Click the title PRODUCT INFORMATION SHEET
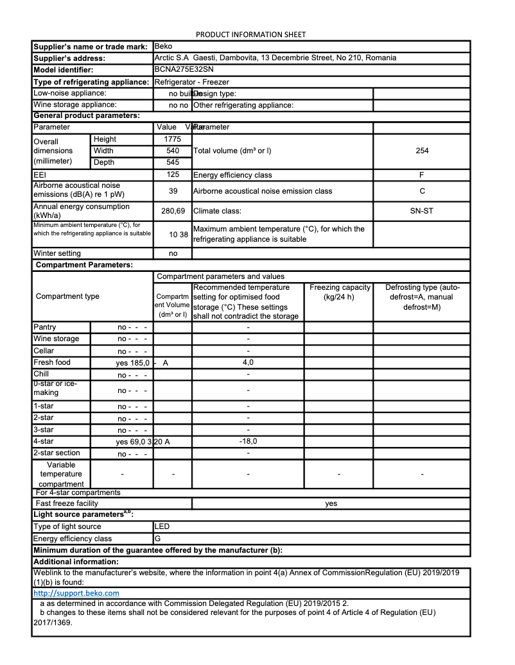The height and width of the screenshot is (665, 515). pyautogui.click(x=250, y=35)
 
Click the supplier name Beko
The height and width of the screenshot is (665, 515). pyautogui.click(x=164, y=46)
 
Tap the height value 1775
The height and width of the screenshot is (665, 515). pyautogui.click(x=173, y=139)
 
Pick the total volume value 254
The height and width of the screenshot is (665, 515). pyautogui.click(x=422, y=151)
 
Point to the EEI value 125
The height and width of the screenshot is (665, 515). pyautogui.click(x=173, y=174)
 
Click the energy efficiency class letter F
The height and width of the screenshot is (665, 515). pyautogui.click(x=422, y=174)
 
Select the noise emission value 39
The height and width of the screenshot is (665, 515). pyautogui.click(x=173, y=191)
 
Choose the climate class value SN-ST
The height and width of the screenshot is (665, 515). pyautogui.click(x=422, y=210)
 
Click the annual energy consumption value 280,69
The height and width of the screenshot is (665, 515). pyautogui.click(x=173, y=210)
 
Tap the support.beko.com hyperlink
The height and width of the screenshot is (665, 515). pyautogui.click(x=76, y=593)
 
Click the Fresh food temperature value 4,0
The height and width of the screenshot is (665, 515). pyautogui.click(x=248, y=362)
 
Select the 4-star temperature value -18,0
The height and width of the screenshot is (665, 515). pyautogui.click(x=248, y=441)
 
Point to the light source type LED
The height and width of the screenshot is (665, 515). pyautogui.click(x=162, y=526)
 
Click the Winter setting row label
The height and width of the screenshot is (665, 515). pyautogui.click(x=57, y=253)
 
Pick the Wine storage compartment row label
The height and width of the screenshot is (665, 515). pyautogui.click(x=57, y=339)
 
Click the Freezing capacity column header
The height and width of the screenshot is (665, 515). pyautogui.click(x=339, y=292)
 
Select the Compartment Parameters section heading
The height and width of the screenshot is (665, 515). pyautogui.click(x=84, y=265)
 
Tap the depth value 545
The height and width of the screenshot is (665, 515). pyautogui.click(x=173, y=162)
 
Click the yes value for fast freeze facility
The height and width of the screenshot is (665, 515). pyautogui.click(x=331, y=503)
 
